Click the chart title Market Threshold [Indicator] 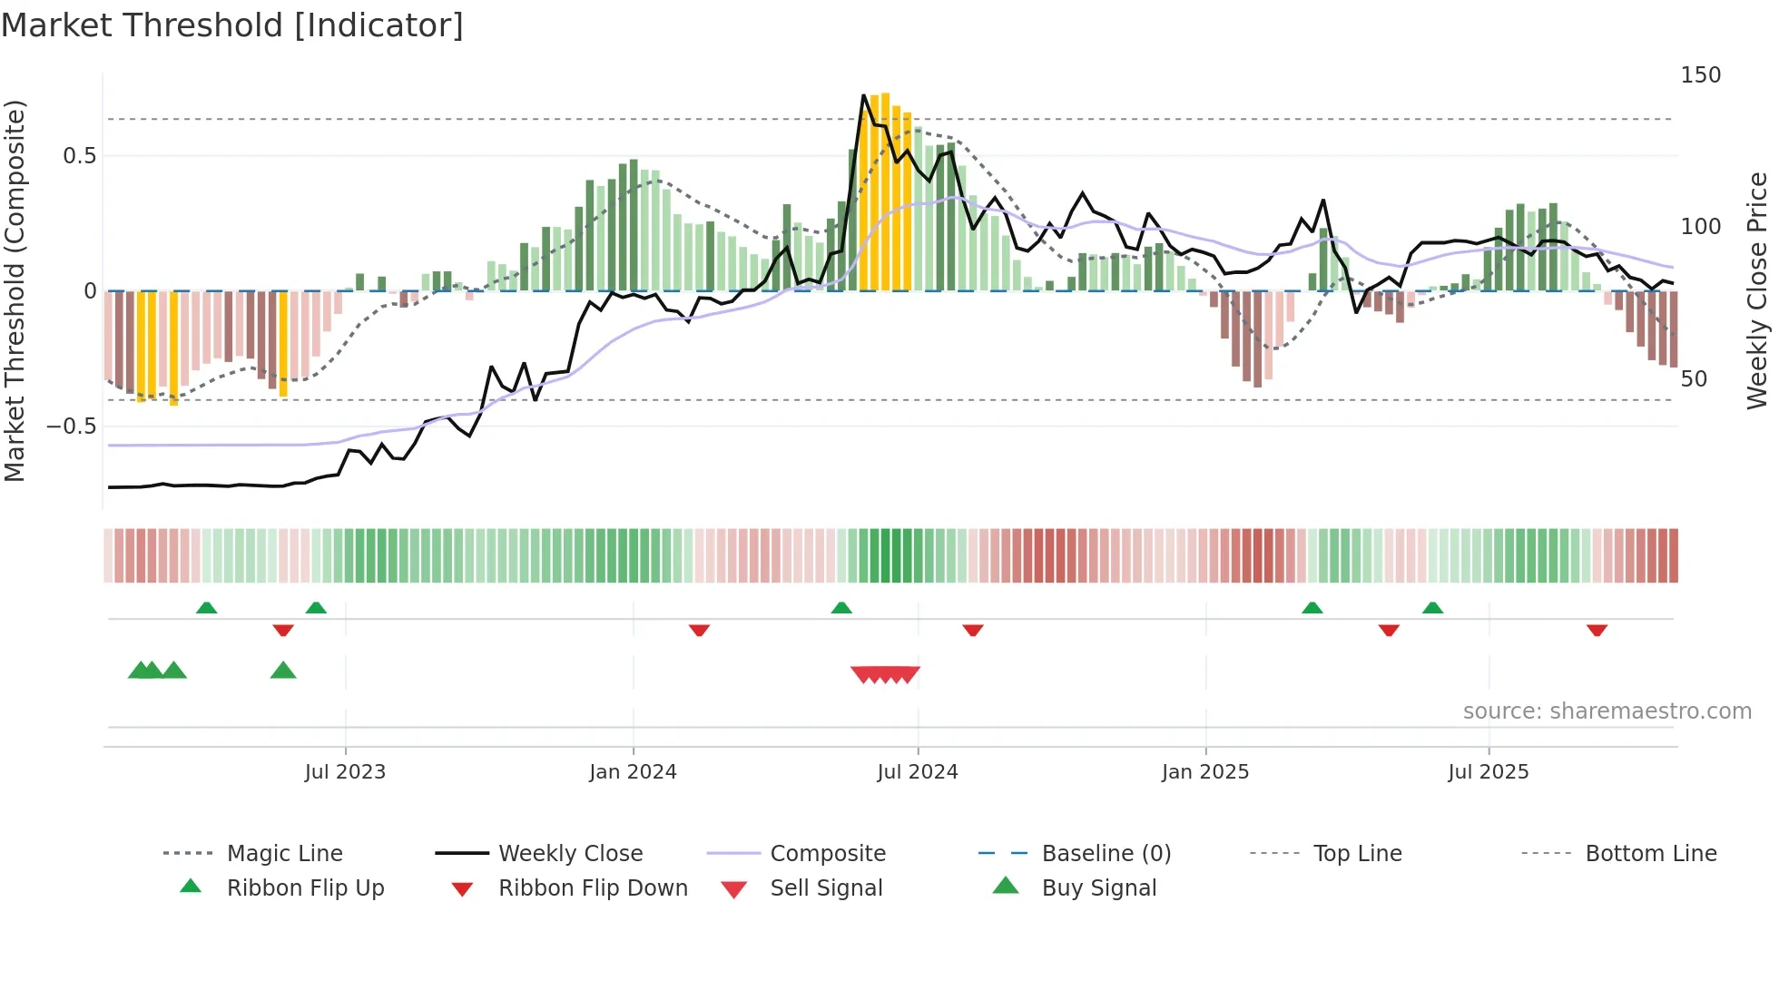point(232,25)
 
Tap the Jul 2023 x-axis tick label point(345,772)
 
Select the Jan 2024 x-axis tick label point(633,772)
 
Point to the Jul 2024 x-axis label point(917,772)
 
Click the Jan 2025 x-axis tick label point(1205,772)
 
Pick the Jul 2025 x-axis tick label point(1489,772)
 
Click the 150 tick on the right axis point(1700,75)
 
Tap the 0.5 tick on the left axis point(79,156)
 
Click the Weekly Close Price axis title point(1757,290)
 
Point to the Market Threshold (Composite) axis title point(15,290)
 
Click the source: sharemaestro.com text point(1607,711)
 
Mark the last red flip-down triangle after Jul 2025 point(1597,630)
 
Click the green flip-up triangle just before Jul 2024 point(841,608)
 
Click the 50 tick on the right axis point(1694,379)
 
